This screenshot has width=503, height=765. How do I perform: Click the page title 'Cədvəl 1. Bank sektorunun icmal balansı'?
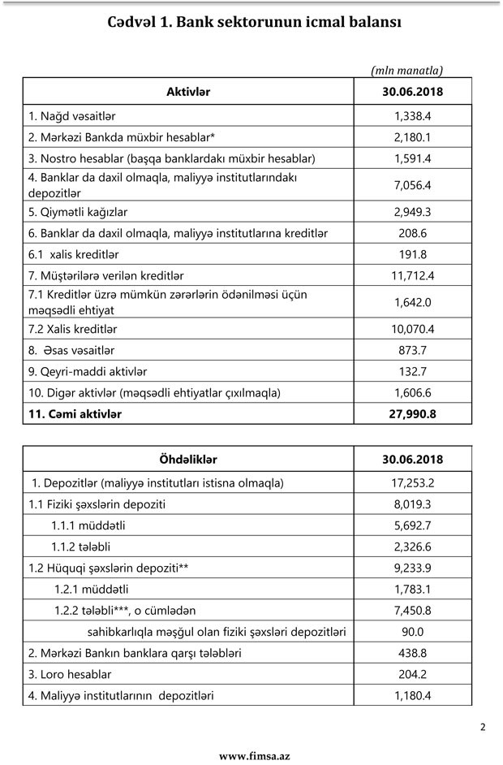point(254,22)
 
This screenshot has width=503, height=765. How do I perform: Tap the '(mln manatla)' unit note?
point(407,71)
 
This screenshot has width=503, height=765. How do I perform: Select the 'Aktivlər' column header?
point(188,92)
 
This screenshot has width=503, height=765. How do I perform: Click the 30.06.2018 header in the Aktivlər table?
point(412,92)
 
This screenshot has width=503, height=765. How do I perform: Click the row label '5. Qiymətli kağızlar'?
point(78,212)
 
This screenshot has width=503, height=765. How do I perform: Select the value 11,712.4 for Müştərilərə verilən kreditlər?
point(412,275)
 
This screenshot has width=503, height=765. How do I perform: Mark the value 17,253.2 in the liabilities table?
point(412,482)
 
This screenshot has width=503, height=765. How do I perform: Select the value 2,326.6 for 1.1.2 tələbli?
point(412,546)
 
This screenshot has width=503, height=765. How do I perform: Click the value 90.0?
point(412,631)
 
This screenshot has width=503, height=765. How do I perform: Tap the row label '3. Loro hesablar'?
point(70,674)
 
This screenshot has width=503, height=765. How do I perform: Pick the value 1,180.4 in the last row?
point(412,695)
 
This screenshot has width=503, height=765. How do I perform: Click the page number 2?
point(483,727)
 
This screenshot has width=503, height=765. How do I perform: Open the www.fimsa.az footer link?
point(254,755)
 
